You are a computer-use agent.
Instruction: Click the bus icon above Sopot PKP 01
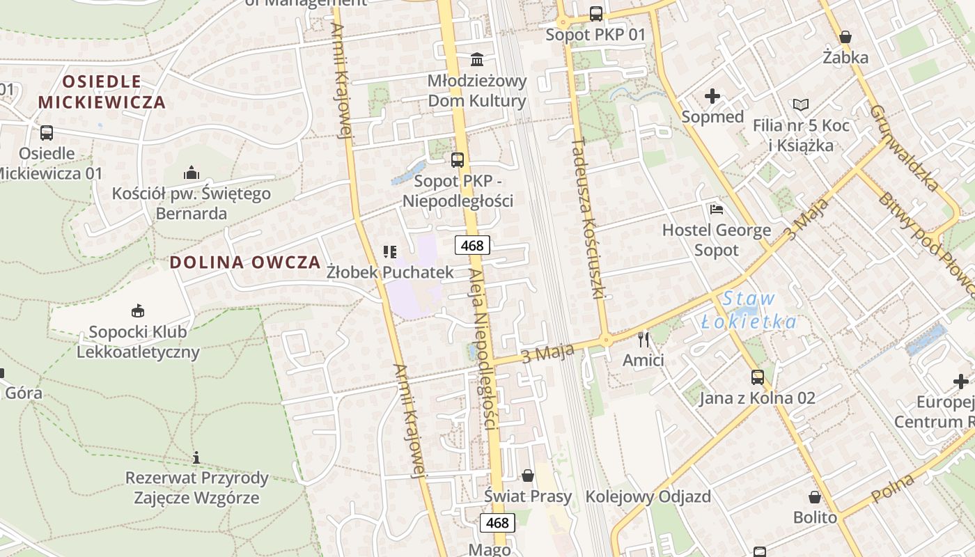[596, 13]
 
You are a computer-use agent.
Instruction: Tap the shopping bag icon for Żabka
[845, 36]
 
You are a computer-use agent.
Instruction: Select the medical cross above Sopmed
[712, 96]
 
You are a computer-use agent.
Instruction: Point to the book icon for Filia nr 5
[801, 105]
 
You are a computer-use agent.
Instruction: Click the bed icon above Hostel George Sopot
[716, 209]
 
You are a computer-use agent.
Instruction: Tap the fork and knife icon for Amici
[643, 340]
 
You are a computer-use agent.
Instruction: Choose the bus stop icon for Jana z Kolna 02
[757, 377]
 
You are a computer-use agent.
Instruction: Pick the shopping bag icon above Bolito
[815, 497]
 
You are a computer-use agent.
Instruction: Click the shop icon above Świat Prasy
[528, 476]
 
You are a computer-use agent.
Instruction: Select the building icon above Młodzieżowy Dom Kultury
[477, 59]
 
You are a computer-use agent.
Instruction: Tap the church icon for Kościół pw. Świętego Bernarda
[192, 173]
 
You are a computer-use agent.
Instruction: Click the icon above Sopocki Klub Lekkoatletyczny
[138, 311]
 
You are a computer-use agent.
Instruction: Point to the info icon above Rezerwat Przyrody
[196, 457]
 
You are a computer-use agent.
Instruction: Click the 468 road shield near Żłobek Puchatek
[472, 245]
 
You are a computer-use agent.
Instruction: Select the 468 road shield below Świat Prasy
[498, 522]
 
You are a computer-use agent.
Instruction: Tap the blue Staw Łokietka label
[749, 310]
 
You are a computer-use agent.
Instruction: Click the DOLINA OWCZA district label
[245, 262]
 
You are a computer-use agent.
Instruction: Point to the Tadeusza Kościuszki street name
[586, 218]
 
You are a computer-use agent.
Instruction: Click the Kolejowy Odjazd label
[648, 496]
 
